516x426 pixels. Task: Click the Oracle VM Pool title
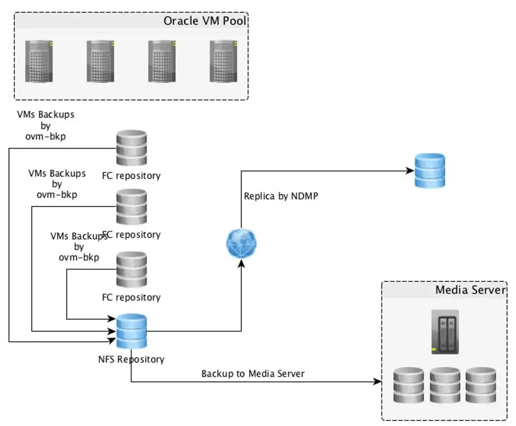(204, 21)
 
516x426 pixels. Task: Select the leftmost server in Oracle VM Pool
(39, 61)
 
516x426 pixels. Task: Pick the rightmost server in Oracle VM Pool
(223, 61)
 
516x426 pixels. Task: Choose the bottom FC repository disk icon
(132, 270)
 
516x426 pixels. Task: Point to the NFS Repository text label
(131, 359)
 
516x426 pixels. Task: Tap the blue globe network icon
(241, 243)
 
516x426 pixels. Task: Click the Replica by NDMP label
(281, 196)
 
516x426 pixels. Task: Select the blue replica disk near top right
(430, 171)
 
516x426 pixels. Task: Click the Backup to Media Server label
(253, 374)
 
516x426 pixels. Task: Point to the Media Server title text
(470, 290)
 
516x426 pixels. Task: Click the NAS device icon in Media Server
(445, 331)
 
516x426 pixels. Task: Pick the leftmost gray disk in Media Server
(408, 385)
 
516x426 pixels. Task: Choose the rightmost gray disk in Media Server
(481, 385)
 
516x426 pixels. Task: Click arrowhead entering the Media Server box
(378, 382)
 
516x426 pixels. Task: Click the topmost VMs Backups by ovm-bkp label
(46, 125)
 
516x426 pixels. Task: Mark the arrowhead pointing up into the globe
(241, 265)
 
